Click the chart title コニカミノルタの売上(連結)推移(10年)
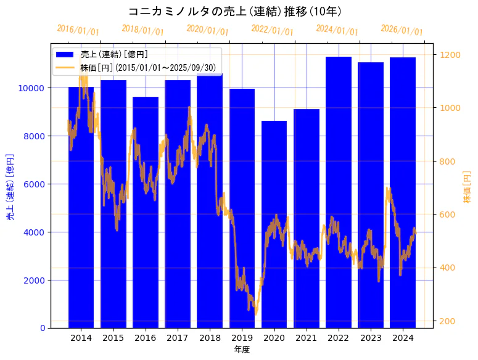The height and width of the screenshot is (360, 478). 235,12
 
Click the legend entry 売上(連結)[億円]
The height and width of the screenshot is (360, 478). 114,55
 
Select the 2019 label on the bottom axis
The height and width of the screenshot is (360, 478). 242,338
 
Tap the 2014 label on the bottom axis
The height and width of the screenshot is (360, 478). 81,338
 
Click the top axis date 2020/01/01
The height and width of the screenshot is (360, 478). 207,30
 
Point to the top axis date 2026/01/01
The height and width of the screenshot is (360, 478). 402,30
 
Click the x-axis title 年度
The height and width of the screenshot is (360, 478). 242,350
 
